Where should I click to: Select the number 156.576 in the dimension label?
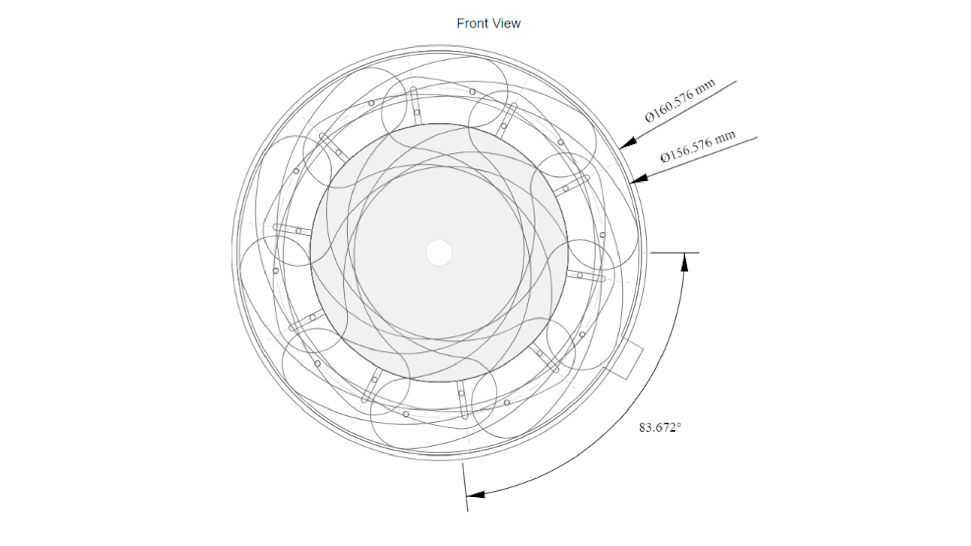[690, 147]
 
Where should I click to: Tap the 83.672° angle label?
[660, 428]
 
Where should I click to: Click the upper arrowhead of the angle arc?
[684, 262]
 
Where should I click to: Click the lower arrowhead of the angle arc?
[475, 494]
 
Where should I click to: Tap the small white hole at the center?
[439, 253]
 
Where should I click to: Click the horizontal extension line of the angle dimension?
[675, 252]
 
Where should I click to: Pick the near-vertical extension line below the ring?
[465, 487]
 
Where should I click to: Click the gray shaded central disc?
[439, 253]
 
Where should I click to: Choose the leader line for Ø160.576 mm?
[678, 114]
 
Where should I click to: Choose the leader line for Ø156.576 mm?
[694, 160]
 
